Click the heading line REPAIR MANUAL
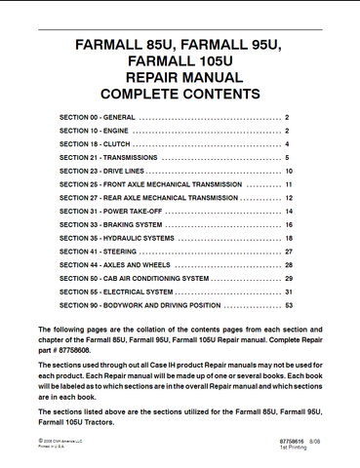[x=179, y=79]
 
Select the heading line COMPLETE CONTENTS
[x=179, y=96]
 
